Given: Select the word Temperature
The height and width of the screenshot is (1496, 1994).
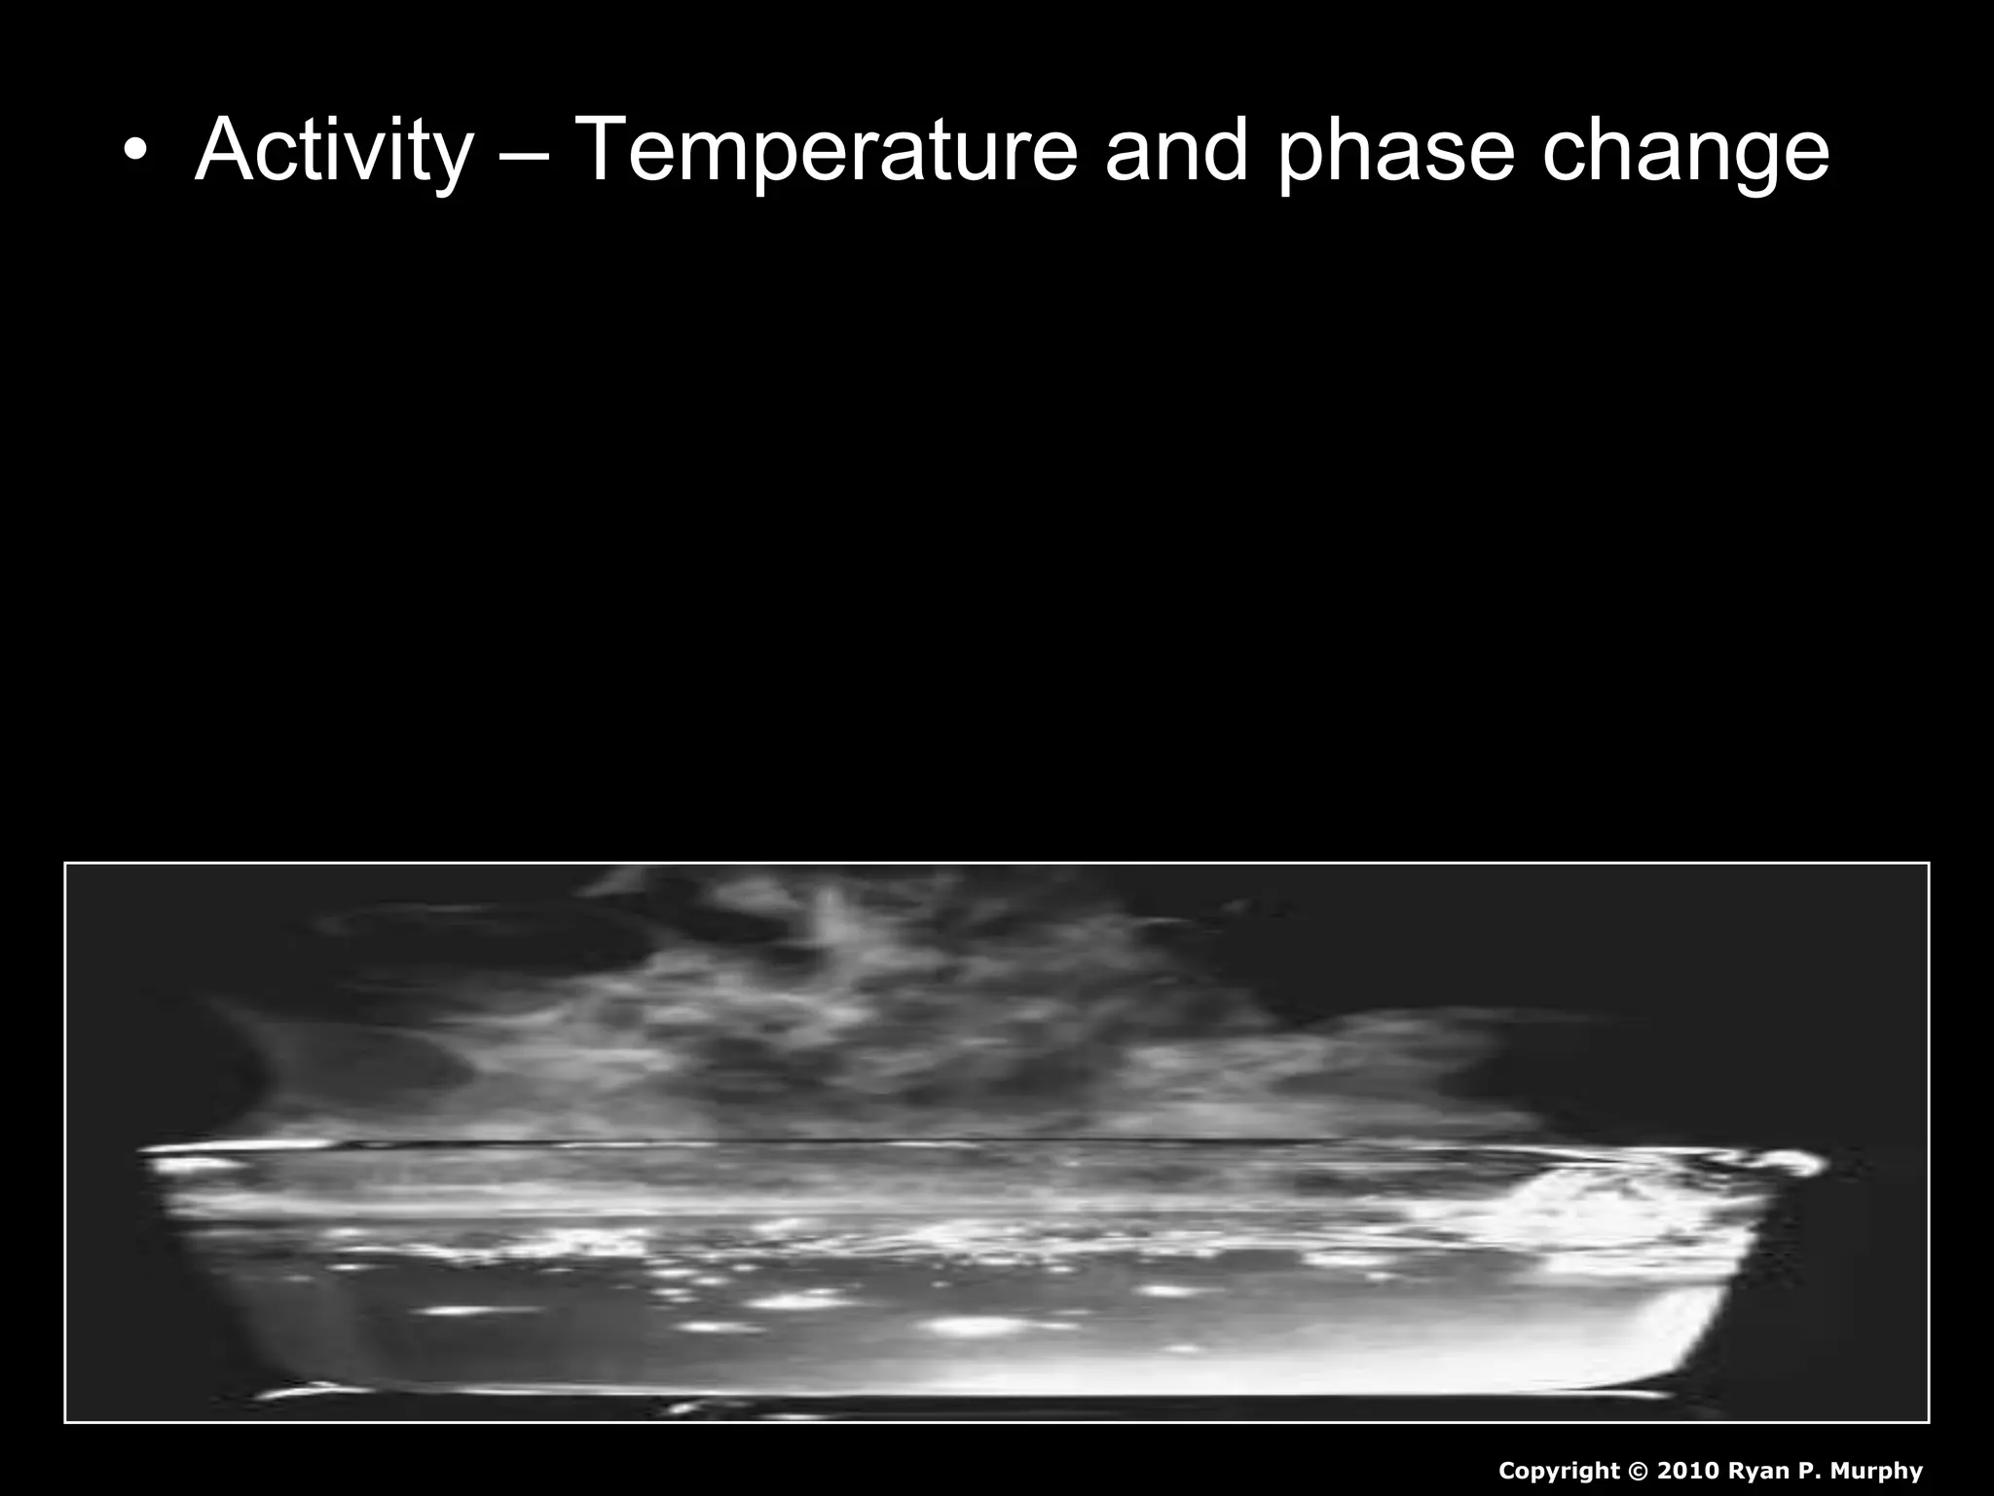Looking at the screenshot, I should click(x=827, y=151).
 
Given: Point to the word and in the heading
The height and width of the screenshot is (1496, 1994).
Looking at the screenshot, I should click(x=1176, y=151).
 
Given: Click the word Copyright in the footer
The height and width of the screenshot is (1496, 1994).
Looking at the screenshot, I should click(x=1559, y=1471).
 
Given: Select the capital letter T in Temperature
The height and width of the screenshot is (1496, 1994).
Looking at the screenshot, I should click(x=605, y=151).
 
